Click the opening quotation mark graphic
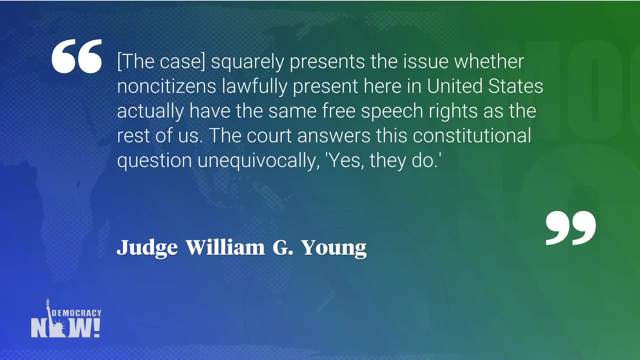tap(77, 56)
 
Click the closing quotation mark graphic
tap(571, 228)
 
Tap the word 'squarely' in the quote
tap(247, 62)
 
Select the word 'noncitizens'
tap(167, 86)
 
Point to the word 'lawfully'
tap(254, 87)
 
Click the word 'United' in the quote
tap(455, 86)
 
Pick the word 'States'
tap(516, 86)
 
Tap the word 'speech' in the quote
tap(392, 111)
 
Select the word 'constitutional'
tap(472, 136)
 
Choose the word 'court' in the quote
tap(269, 136)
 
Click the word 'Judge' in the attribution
tap(147, 248)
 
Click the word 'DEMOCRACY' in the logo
tap(76, 313)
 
